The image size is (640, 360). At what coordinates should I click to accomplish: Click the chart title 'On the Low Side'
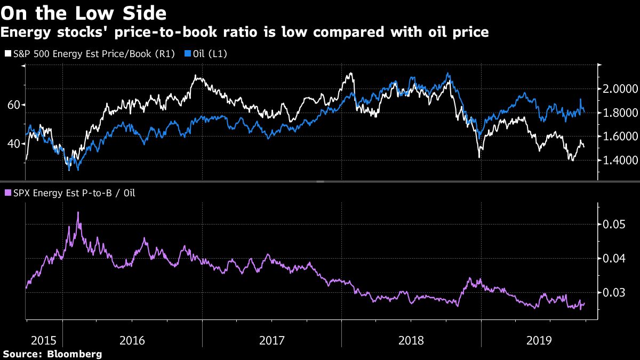(x=84, y=12)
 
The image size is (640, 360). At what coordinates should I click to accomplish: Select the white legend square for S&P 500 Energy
(x=6, y=53)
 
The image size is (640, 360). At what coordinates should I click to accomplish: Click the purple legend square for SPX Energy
(x=6, y=193)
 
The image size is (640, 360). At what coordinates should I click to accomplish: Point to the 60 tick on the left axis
(x=13, y=105)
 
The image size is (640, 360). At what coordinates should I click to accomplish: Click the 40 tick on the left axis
(x=13, y=143)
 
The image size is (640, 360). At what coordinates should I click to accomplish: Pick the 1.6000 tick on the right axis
(x=620, y=137)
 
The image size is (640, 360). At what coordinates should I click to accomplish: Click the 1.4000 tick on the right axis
(x=620, y=160)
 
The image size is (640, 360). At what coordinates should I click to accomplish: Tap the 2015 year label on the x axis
(x=44, y=340)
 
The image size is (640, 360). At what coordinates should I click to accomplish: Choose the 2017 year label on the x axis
(x=272, y=340)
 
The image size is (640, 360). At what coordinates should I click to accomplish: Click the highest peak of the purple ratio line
(x=78, y=212)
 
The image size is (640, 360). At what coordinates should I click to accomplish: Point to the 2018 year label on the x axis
(x=411, y=340)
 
